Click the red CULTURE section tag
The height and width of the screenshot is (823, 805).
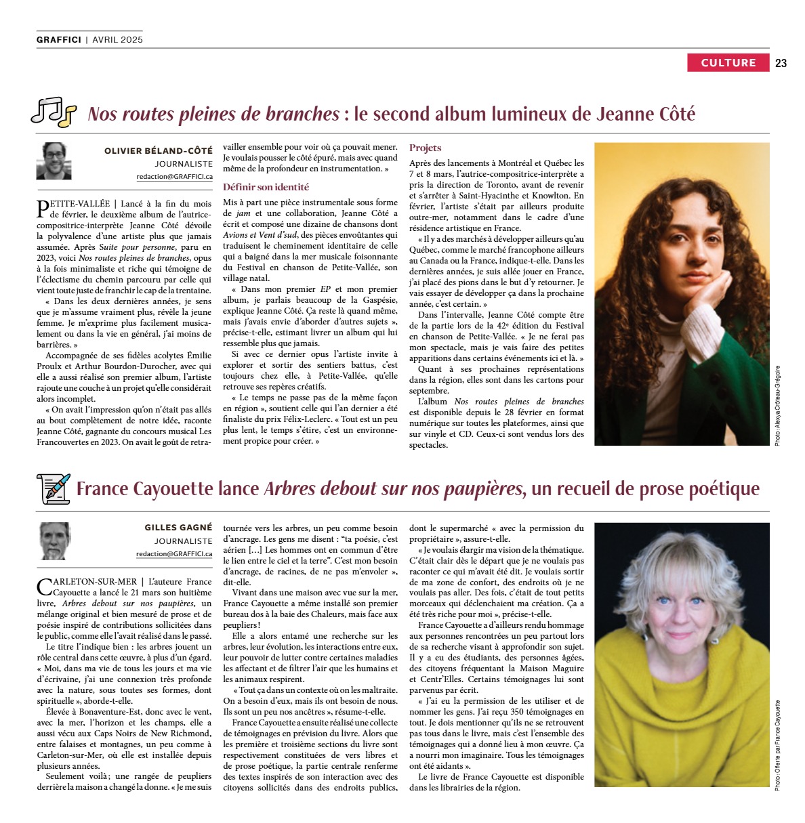[x=728, y=63]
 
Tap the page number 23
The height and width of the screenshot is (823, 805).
[x=781, y=63]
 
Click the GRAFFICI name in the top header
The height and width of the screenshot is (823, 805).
[x=59, y=39]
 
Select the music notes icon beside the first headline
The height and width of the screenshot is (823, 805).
[x=54, y=112]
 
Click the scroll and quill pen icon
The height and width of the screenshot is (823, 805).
[x=53, y=488]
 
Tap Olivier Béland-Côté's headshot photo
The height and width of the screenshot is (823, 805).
[x=54, y=161]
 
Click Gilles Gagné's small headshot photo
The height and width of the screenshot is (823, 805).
[x=54, y=541]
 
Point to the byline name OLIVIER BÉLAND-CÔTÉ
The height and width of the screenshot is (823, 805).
[x=158, y=150]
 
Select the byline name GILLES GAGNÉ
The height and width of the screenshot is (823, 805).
[x=178, y=527]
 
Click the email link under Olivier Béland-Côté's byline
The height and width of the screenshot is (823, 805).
[x=174, y=177]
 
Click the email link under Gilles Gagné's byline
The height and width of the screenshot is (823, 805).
[x=174, y=553]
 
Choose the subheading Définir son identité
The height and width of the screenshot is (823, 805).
[x=266, y=187]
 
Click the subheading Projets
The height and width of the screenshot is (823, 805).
[x=425, y=148]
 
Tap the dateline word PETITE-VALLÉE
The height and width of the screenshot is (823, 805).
[x=76, y=203]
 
